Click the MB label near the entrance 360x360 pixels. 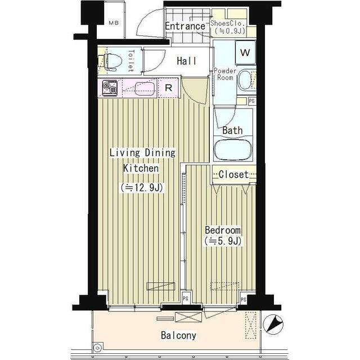[114, 23]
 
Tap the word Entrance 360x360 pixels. [185, 26]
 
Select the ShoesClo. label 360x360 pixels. [227, 23]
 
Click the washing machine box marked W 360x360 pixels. [245, 52]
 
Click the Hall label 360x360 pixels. [187, 61]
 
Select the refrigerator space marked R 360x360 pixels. [168, 88]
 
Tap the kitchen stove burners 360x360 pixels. [110, 88]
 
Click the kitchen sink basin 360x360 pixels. [145, 89]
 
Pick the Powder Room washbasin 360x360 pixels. [245, 80]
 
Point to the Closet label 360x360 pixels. [233, 174]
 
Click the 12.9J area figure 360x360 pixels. [142, 188]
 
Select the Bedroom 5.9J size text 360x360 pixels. [223, 241]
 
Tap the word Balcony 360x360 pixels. [179, 335]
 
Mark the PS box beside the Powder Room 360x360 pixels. [252, 101]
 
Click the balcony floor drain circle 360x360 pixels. [97, 348]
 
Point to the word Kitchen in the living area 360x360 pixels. [141, 168]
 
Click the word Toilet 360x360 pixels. [131, 61]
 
